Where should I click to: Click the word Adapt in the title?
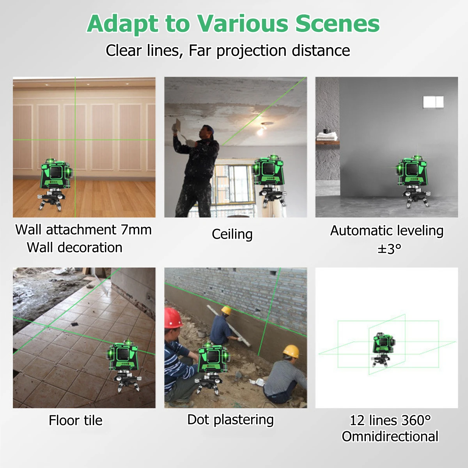click(x=122, y=24)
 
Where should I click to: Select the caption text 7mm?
click(x=136, y=230)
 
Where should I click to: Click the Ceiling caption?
click(x=232, y=234)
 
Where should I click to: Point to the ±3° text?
click(x=389, y=248)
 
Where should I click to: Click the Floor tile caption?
click(x=76, y=420)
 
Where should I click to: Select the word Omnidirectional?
click(x=390, y=436)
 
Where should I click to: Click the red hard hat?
click(x=173, y=318)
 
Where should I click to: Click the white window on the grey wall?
click(x=433, y=102)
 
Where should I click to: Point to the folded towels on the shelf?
click(x=326, y=136)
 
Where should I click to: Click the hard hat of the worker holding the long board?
click(x=226, y=310)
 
